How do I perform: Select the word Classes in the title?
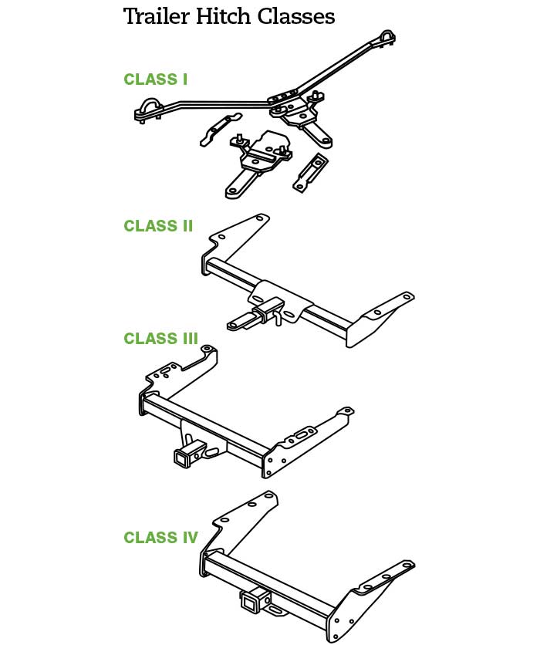coord(297,16)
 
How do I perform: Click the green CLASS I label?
coord(155,79)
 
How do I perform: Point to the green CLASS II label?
coord(158,226)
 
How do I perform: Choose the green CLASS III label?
coord(161,339)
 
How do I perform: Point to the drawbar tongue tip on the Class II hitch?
coord(231,326)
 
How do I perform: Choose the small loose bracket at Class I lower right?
coord(310,171)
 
